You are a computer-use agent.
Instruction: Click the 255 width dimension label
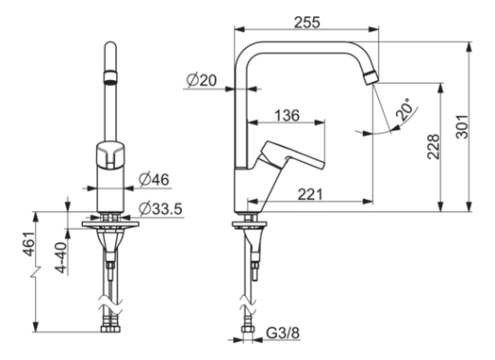click(307, 23)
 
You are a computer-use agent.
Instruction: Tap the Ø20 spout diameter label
click(202, 80)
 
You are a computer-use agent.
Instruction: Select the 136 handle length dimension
click(287, 115)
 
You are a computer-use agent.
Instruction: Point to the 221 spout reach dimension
click(309, 194)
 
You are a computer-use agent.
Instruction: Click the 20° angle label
click(406, 109)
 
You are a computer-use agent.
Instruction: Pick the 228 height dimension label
click(433, 147)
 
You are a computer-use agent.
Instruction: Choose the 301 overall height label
click(462, 127)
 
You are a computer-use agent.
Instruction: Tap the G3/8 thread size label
click(283, 333)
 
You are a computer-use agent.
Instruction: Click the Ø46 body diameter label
click(154, 180)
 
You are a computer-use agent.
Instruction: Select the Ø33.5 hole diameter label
click(161, 209)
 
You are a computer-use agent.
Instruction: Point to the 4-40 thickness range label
click(62, 257)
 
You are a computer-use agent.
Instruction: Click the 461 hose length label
click(28, 244)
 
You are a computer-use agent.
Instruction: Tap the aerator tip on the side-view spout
click(371, 78)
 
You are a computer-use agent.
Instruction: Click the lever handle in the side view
click(291, 154)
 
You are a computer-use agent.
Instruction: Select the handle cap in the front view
click(110, 155)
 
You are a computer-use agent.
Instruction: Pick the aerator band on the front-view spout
click(110, 77)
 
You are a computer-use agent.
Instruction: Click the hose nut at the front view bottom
click(110, 328)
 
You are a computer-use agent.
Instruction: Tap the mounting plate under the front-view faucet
click(110, 224)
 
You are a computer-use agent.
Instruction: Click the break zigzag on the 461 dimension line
click(36, 272)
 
